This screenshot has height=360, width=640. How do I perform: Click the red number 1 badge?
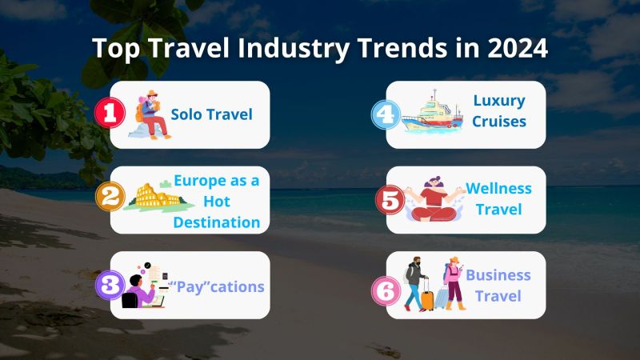point(110,113)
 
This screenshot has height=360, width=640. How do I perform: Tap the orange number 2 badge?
point(110,196)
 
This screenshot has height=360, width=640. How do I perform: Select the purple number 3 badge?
point(110,285)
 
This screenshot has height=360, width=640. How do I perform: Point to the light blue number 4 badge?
point(386,114)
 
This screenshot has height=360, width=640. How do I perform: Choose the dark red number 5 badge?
point(390,200)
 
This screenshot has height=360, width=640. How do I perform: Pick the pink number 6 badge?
point(386,290)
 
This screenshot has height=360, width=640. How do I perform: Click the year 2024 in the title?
point(517,48)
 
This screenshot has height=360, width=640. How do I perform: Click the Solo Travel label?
point(211,114)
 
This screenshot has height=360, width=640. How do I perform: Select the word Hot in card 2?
point(217,202)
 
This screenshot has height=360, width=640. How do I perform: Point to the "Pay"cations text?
point(217,287)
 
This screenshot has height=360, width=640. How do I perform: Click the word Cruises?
point(498,122)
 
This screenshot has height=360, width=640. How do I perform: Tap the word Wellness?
point(498,188)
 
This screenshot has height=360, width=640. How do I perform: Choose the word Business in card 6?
point(498,275)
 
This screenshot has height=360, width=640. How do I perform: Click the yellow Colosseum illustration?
point(157,197)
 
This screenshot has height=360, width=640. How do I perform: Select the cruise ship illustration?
point(432,112)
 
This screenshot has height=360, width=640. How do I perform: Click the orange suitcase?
point(427,294)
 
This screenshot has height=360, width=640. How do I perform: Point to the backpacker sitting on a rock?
point(149,114)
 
